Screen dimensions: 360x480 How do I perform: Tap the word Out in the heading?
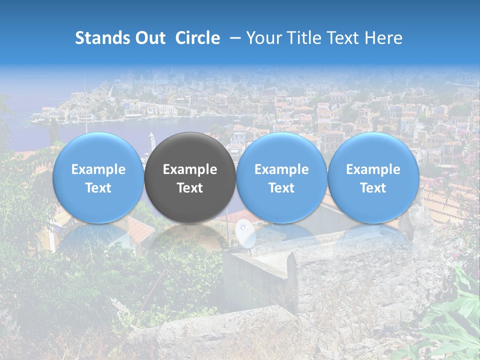[x=148, y=38]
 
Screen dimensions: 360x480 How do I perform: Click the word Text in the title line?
[x=342, y=38]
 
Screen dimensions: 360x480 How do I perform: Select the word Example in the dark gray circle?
[x=190, y=169]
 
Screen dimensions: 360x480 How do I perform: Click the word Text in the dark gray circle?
[x=190, y=188]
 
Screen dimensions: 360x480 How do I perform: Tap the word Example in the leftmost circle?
[x=98, y=169]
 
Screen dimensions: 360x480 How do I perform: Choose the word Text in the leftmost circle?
[x=98, y=188]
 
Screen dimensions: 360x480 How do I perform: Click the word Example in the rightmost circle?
[x=373, y=169]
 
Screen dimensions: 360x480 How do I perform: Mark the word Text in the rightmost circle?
[x=373, y=188]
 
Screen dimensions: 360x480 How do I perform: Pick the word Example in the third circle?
[x=281, y=169]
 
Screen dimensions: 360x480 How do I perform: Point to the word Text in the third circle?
[x=281, y=188]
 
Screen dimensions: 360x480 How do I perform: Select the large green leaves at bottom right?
[x=452, y=320]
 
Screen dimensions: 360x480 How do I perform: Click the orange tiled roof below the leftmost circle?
[x=135, y=230]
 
